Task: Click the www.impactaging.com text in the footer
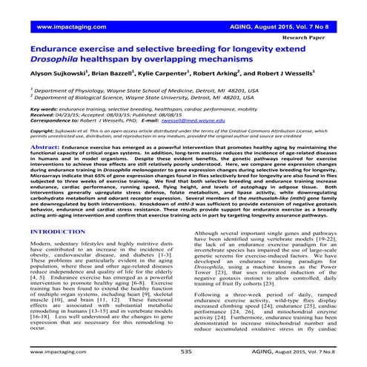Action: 57,349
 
